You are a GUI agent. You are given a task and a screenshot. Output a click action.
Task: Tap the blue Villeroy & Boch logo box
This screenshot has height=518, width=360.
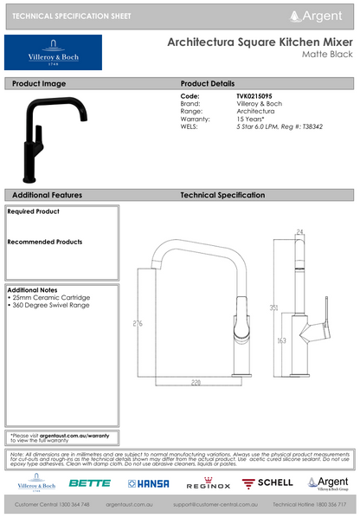pos(53,53)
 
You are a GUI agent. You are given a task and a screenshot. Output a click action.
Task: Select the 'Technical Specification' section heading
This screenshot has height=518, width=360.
pos(222,196)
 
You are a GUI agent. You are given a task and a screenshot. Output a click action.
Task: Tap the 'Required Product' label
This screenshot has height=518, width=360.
pos(34,211)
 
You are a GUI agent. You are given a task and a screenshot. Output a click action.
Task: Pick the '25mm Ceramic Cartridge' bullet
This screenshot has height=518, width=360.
pos(49,297)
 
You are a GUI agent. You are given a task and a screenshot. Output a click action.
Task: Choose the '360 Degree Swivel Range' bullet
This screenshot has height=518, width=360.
pos(50,305)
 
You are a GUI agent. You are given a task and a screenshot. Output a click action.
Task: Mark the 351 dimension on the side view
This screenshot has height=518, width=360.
pos(273,308)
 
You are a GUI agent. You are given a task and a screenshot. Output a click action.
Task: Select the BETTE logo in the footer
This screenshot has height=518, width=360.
pos(90,482)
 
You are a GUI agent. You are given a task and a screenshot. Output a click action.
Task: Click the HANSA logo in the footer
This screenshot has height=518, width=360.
pos(149,482)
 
